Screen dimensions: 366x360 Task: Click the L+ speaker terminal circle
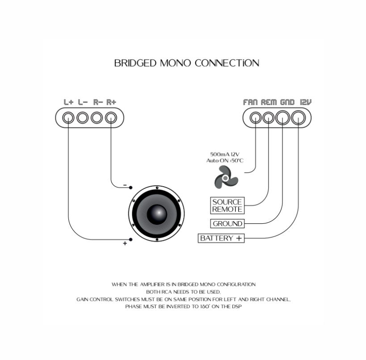[x=68, y=118]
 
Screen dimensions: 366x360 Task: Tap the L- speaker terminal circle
[x=83, y=118]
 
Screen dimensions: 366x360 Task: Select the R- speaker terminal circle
[x=97, y=118]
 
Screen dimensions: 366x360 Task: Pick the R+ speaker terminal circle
[x=111, y=118]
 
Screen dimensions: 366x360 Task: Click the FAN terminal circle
[x=255, y=118]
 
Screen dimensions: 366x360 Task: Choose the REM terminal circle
[x=268, y=118]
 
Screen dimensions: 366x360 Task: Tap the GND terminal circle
[x=282, y=118]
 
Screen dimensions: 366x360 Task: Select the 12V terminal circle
[x=298, y=118]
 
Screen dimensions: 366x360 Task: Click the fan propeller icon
[x=226, y=178]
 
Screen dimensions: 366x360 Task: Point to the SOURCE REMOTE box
[x=227, y=205]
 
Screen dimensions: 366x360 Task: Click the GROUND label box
[x=227, y=224]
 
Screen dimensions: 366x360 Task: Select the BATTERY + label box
[x=221, y=239]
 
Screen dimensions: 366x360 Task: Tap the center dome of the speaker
[x=158, y=213]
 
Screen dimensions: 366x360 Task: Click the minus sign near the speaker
[x=125, y=185]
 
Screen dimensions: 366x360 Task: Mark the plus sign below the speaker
[x=125, y=243]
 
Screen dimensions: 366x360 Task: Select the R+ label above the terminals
[x=111, y=102]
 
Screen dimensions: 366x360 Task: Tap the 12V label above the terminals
[x=306, y=102]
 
